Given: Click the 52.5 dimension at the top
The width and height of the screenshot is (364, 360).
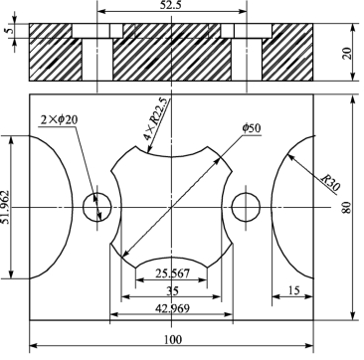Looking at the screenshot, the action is pyautogui.click(x=171, y=6).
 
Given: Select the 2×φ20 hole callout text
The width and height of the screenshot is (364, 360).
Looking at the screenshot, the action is pyautogui.click(x=59, y=119).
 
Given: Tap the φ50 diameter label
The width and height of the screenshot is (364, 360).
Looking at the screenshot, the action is pyautogui.click(x=252, y=128).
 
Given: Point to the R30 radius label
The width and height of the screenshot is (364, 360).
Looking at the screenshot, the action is pyautogui.click(x=330, y=183).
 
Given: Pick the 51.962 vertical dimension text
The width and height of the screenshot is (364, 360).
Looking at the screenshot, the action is pyautogui.click(x=6, y=207).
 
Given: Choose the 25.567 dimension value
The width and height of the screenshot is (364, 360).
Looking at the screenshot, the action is pyautogui.click(x=172, y=273).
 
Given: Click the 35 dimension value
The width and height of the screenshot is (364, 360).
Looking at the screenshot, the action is pyautogui.click(x=172, y=291).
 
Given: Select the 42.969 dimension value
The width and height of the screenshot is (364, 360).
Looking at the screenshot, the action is pyautogui.click(x=172, y=308).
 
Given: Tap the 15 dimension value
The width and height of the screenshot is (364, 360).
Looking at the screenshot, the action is pyautogui.click(x=293, y=290).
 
